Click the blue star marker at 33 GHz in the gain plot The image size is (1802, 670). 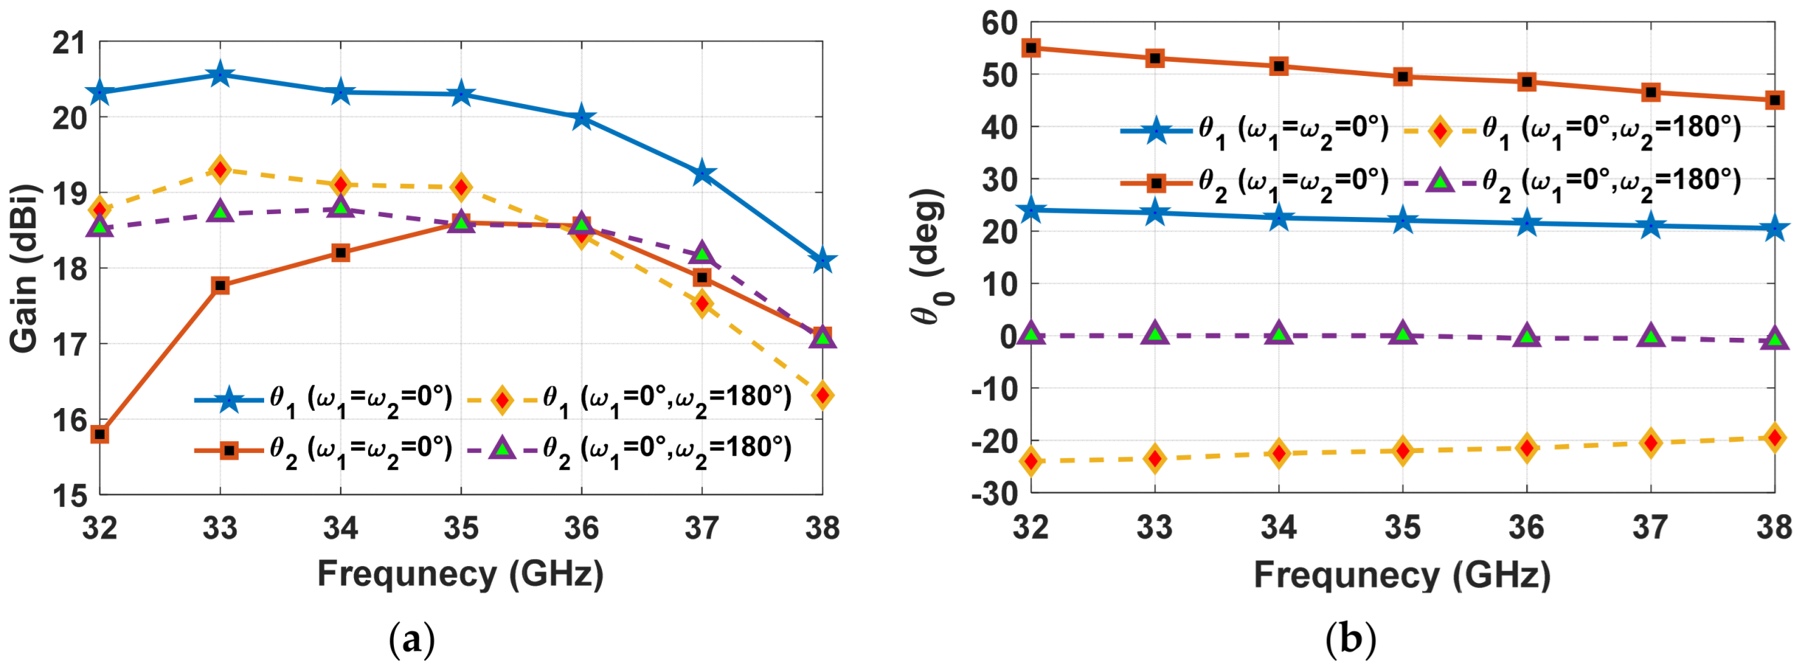[x=221, y=74]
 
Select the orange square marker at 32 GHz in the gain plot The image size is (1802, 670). [x=100, y=434]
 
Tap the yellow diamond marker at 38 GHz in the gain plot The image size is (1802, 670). [x=822, y=395]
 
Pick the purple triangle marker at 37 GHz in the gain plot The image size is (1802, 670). [x=702, y=254]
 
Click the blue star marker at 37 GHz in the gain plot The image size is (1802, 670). [x=702, y=173]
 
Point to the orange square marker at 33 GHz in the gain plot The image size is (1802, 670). [x=221, y=285]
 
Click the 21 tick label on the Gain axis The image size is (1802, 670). [x=69, y=43]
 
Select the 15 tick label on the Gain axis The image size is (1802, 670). [x=69, y=495]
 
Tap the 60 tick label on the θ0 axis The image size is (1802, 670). [x=1000, y=23]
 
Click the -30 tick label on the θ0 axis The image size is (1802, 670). [x=994, y=494]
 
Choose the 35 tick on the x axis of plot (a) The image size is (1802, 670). [x=461, y=527]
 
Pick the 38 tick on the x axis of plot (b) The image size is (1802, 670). [x=1775, y=527]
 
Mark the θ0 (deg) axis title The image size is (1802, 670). [x=931, y=256]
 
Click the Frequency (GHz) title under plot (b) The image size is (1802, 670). [x=1402, y=576]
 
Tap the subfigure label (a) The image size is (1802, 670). [x=412, y=640]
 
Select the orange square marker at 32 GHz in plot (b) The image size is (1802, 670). [x=1031, y=48]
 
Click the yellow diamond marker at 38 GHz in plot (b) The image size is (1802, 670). [x=1775, y=438]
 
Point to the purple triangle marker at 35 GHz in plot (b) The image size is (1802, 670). [x=1402, y=334]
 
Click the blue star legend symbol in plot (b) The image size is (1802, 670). [x=1156, y=131]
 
